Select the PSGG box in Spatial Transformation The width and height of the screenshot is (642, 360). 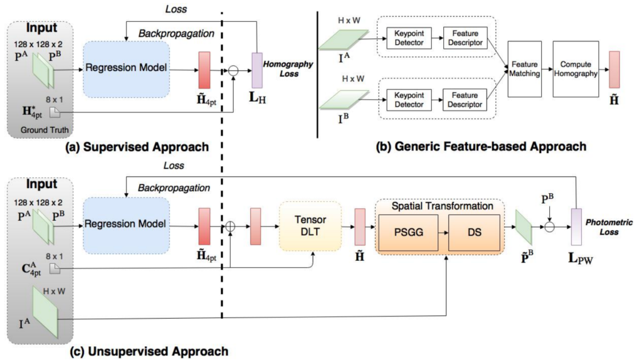click(x=409, y=231)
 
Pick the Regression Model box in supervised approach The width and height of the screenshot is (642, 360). click(x=126, y=68)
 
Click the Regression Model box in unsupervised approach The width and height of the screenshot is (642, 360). click(x=126, y=225)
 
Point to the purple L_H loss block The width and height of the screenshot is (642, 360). click(x=256, y=68)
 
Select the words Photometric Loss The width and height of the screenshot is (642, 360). click(x=612, y=227)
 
